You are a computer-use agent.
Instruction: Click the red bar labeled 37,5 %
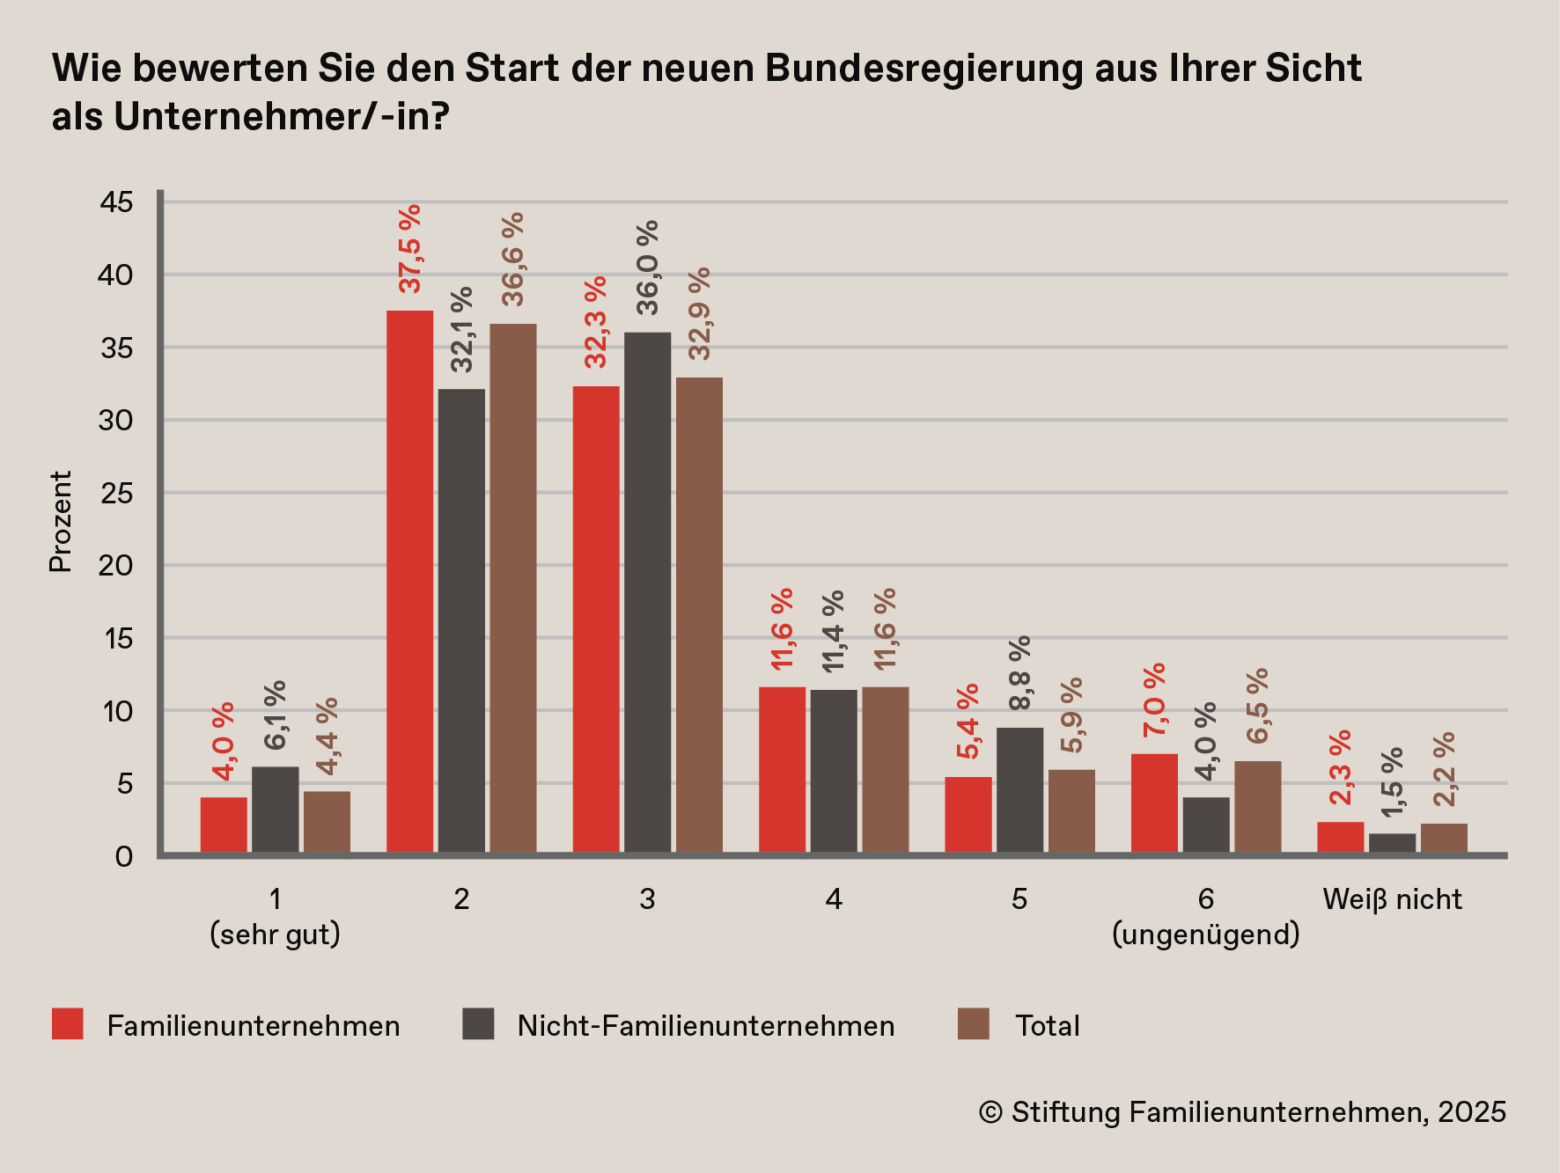409,581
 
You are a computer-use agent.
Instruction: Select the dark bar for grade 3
647,591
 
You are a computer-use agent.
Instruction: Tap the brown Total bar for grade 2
512,588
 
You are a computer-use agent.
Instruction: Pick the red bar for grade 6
1154,803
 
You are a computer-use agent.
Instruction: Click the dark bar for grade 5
1019,789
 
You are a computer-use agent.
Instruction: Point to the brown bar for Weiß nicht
1444,838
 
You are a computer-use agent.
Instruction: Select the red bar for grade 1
224,825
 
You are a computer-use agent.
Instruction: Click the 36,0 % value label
648,268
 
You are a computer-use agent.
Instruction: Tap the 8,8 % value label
1020,673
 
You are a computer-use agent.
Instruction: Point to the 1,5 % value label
1393,782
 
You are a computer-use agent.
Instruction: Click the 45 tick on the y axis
116,202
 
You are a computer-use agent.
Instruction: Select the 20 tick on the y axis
116,565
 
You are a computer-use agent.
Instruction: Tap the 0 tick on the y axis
124,856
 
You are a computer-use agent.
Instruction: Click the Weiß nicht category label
1392,899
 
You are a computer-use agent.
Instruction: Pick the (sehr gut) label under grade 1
275,935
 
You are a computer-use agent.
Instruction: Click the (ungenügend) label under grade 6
1205,935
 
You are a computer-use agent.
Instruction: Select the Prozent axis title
60,522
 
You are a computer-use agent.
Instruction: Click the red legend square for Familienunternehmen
68,1024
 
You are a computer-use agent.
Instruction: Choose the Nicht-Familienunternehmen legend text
705,1026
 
